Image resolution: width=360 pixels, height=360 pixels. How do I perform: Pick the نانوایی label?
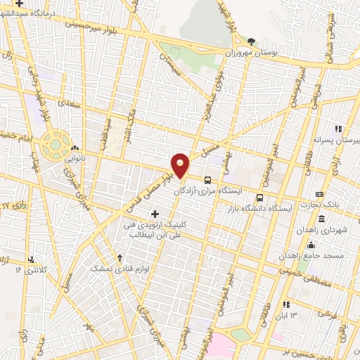(77, 159)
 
